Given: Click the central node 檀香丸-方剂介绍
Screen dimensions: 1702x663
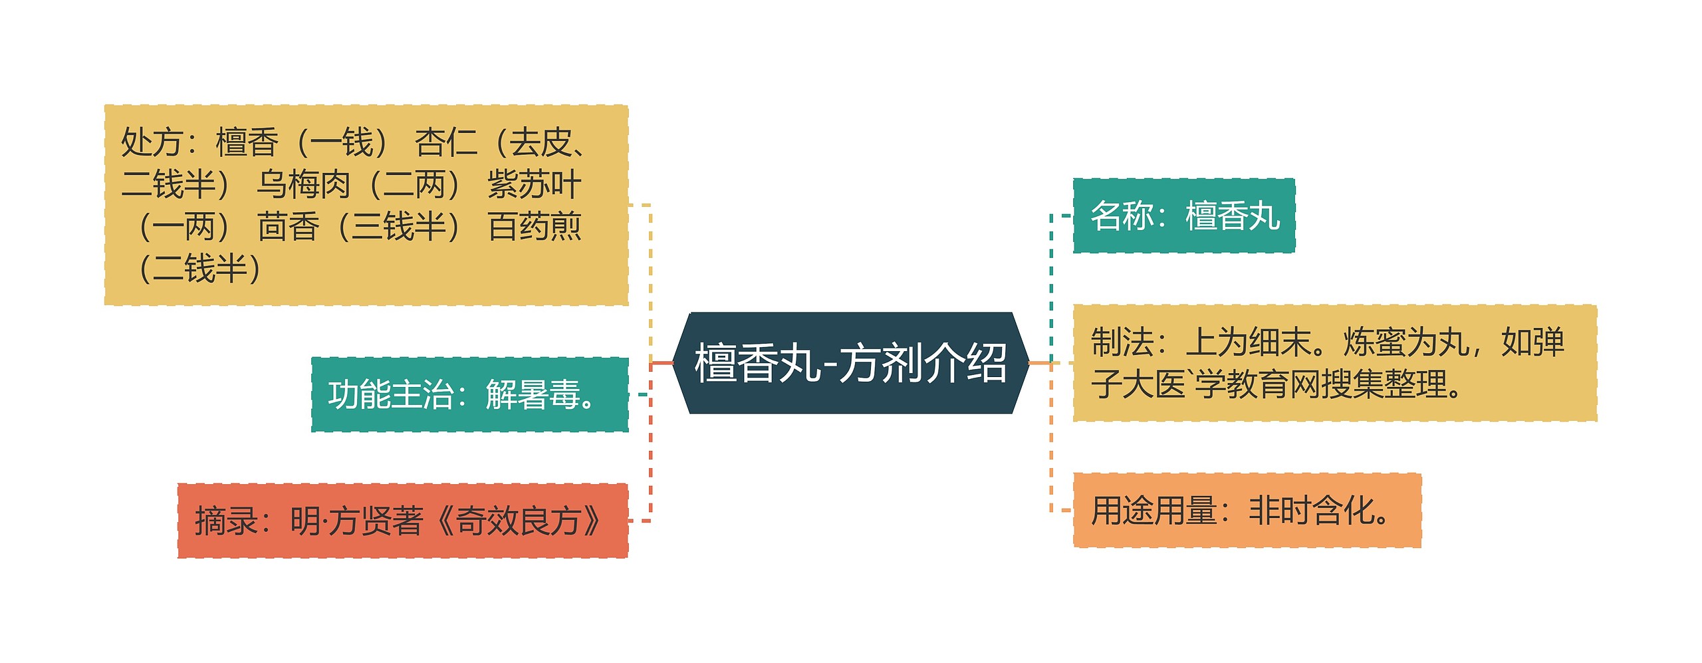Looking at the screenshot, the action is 850,363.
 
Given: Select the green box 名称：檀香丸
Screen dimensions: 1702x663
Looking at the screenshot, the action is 1183,215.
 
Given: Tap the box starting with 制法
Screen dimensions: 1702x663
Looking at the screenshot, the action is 1334,363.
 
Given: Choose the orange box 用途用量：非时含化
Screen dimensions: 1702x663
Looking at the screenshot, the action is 1247,511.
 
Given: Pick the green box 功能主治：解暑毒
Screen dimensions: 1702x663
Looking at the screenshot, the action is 469,394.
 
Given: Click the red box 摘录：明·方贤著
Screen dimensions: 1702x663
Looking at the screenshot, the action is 402,521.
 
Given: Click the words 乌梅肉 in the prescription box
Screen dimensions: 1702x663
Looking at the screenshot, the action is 303,184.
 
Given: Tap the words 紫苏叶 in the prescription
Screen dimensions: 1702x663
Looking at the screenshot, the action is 534,184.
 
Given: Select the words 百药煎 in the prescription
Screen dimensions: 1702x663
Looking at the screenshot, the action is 534,227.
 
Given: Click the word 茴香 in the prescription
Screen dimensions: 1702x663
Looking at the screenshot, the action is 288,227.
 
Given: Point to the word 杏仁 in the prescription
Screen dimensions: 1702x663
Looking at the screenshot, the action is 445,142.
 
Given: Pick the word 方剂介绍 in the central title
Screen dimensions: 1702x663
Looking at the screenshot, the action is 923,363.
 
